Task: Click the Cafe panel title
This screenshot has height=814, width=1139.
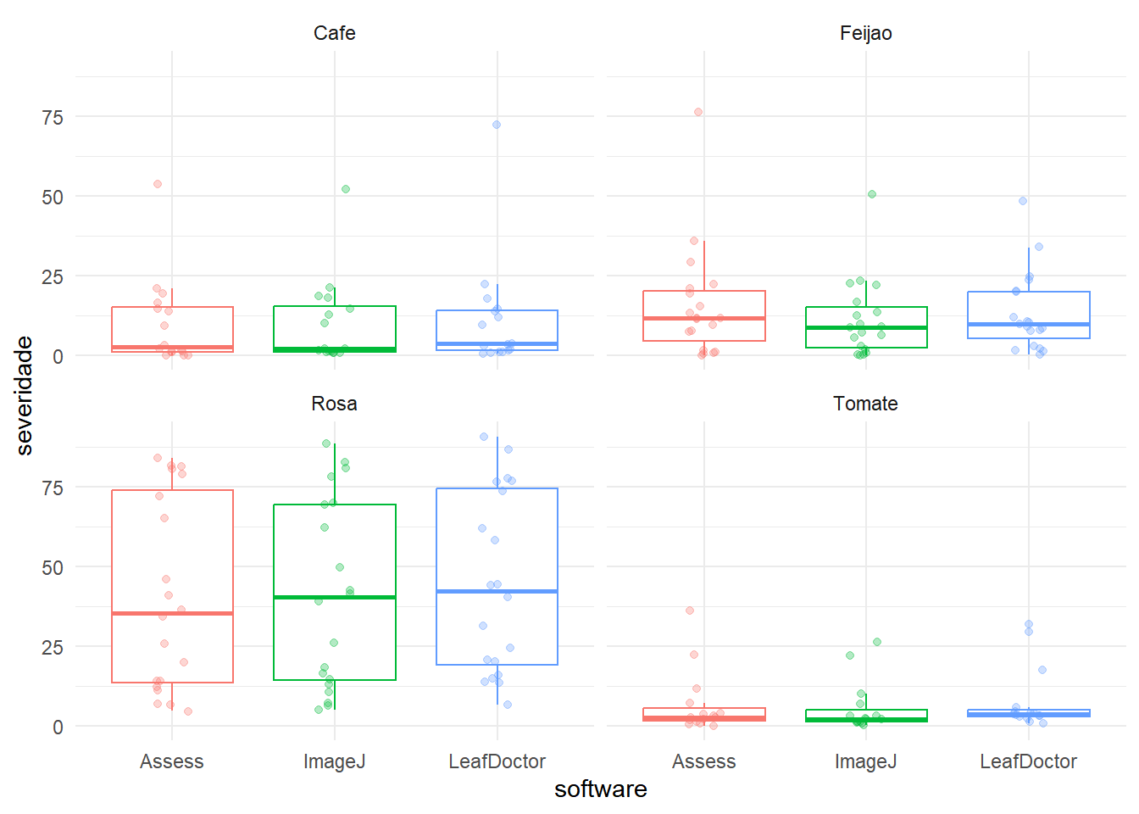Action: [x=334, y=33]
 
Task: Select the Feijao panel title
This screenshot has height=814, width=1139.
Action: [x=865, y=33]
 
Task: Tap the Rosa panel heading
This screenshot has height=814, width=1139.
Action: [x=334, y=404]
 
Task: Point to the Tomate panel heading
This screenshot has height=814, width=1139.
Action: [x=865, y=404]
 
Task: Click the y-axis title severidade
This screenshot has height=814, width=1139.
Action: [x=25, y=395]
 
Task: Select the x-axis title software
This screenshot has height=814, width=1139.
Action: [x=600, y=789]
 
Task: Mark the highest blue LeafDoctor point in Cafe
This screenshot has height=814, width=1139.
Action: [x=497, y=125]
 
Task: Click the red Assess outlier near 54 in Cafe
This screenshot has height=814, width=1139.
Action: [x=158, y=184]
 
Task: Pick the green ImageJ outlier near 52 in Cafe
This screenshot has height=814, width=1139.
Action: [x=346, y=189]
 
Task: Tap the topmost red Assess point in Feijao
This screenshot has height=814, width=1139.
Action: [x=698, y=112]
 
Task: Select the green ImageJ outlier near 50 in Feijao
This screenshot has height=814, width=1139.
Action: [x=872, y=194]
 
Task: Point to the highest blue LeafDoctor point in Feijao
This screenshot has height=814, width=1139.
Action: [x=1023, y=201]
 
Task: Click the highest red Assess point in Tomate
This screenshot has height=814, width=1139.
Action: [x=690, y=610]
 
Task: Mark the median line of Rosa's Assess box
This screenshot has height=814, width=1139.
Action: [x=172, y=613]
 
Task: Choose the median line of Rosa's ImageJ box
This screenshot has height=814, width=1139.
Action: [x=335, y=597]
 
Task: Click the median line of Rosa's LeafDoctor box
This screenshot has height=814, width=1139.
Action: [x=497, y=591]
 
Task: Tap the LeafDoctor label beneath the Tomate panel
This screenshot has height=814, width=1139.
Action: [x=1028, y=761]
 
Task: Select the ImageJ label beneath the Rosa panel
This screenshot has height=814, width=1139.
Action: [x=335, y=761]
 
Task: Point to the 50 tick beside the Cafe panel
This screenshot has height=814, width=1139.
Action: [x=53, y=198]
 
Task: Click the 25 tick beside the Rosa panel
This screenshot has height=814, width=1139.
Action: [x=53, y=648]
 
